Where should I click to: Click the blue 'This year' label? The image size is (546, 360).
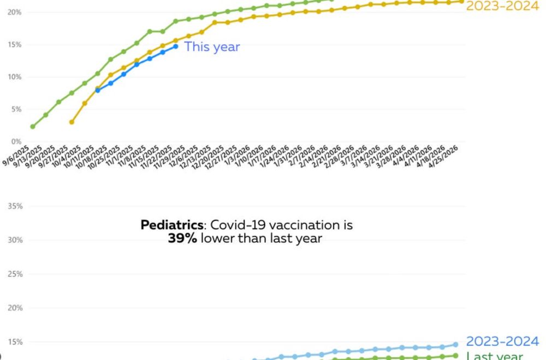point(212,47)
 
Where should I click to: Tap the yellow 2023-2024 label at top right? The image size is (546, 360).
point(502,7)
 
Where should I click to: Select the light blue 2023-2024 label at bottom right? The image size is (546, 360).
point(502,341)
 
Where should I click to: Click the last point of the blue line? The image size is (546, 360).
point(175,46)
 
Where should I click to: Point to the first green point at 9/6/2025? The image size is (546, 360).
point(33,127)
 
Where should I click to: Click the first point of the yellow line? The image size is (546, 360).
point(72,122)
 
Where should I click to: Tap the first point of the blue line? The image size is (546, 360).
point(98,90)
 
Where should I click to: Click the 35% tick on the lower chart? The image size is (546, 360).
point(15,206)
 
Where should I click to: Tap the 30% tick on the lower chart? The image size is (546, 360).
point(15,240)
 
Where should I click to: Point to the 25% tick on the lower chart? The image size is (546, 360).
point(15,274)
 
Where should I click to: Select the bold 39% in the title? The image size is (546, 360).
point(182,239)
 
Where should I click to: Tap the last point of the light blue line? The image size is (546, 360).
point(455,345)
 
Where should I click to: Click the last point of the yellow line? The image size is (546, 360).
point(461,1)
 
